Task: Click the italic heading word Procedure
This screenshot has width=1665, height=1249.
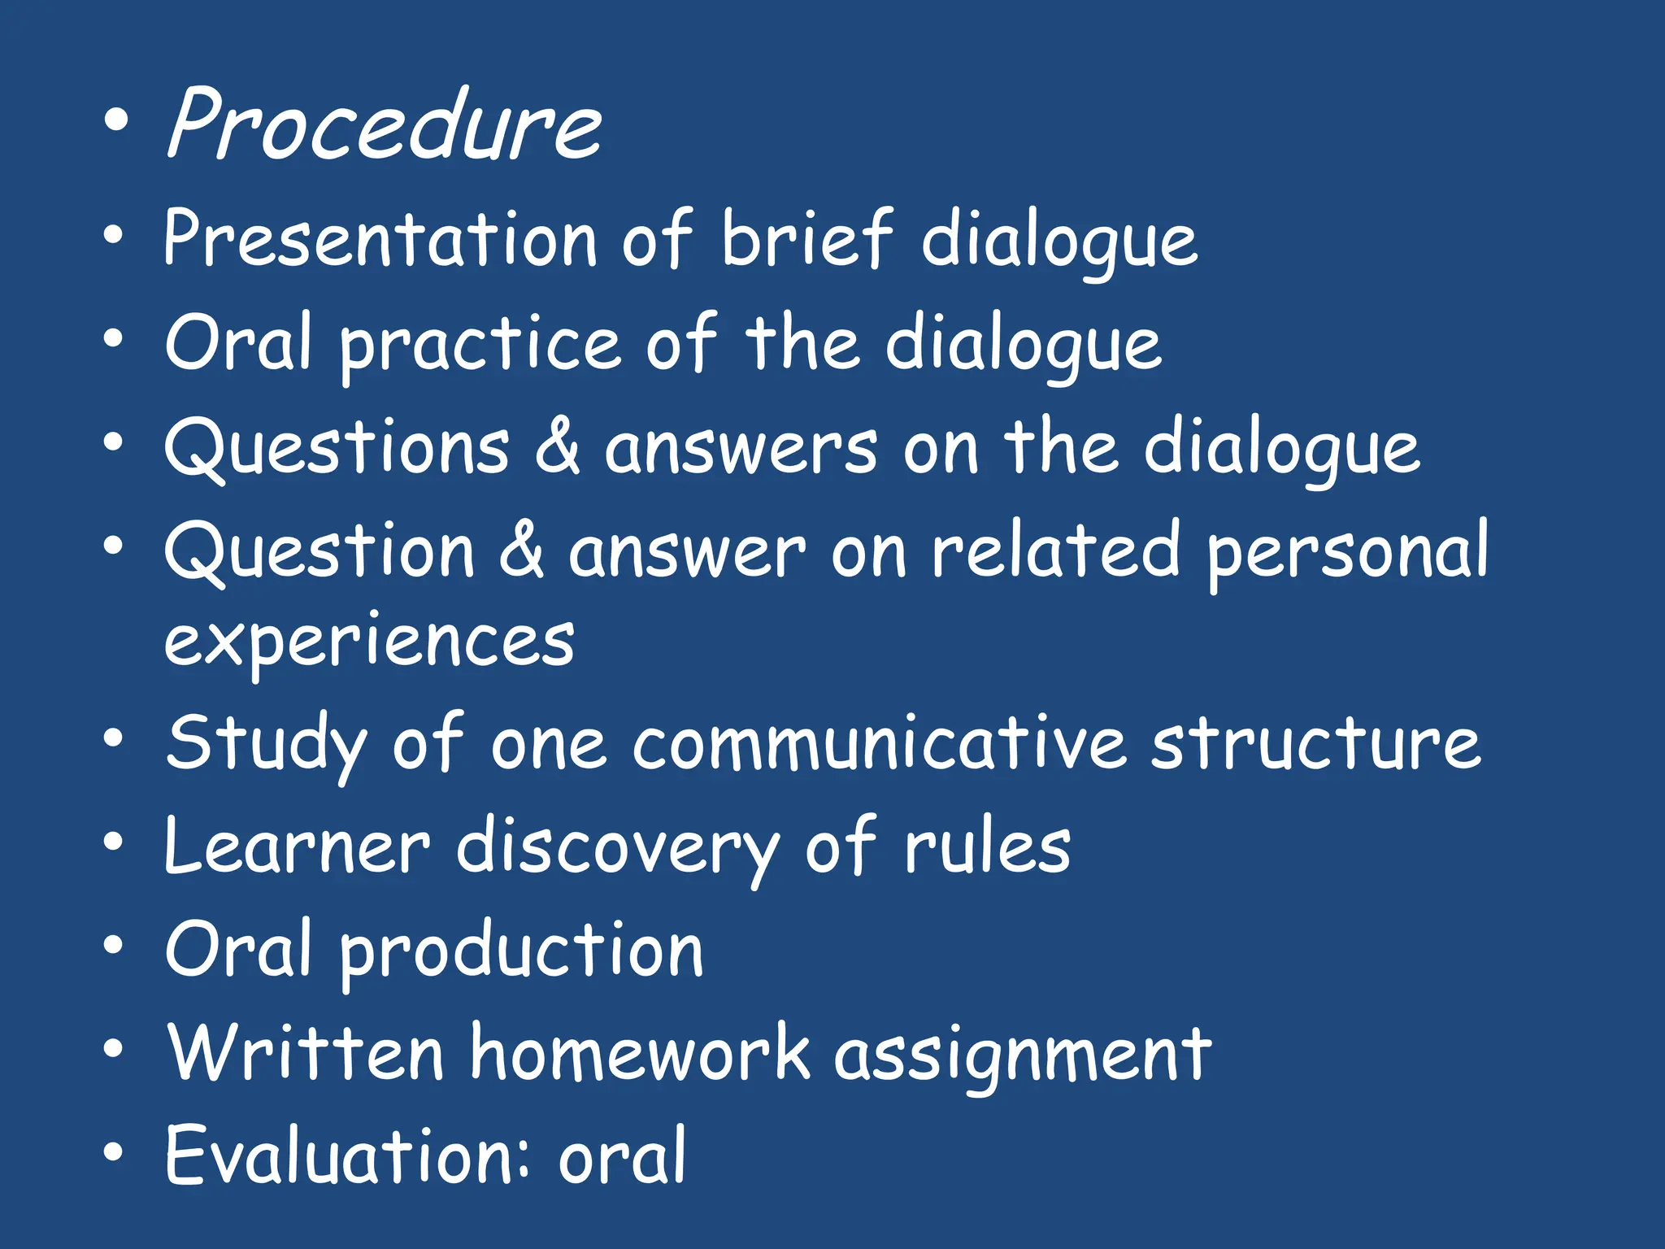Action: pos(384,124)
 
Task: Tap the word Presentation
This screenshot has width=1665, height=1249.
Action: pos(380,238)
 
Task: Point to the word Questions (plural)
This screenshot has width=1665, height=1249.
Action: pos(337,450)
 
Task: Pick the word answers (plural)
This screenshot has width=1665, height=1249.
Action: pos(741,450)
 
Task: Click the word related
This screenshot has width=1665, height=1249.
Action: pos(1054,551)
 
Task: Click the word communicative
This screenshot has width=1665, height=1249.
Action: pos(879,743)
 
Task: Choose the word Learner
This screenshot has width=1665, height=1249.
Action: pos(297,847)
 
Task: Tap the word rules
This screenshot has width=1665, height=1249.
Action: pos(987,847)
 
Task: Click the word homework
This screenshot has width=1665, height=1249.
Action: pos(640,1054)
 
